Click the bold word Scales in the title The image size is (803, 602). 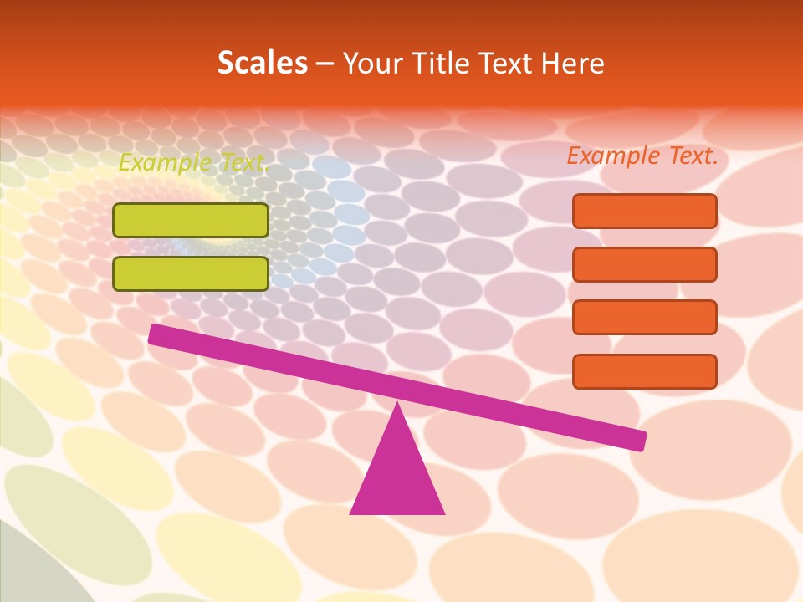tap(263, 64)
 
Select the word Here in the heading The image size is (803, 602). tap(573, 64)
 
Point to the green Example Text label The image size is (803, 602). tap(192, 162)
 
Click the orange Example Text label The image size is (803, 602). tap(642, 156)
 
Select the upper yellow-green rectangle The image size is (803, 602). tap(191, 220)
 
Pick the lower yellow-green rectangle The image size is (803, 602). tap(191, 273)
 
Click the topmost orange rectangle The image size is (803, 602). tap(644, 211)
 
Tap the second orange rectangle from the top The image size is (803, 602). tap(644, 264)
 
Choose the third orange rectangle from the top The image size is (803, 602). tap(644, 317)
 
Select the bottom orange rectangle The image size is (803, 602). tap(644, 371)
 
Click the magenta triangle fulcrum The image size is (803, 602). tap(397, 477)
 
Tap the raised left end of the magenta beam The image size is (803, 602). tap(156, 334)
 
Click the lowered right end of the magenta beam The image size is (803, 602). tap(637, 440)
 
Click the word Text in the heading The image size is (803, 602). tap(503, 64)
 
